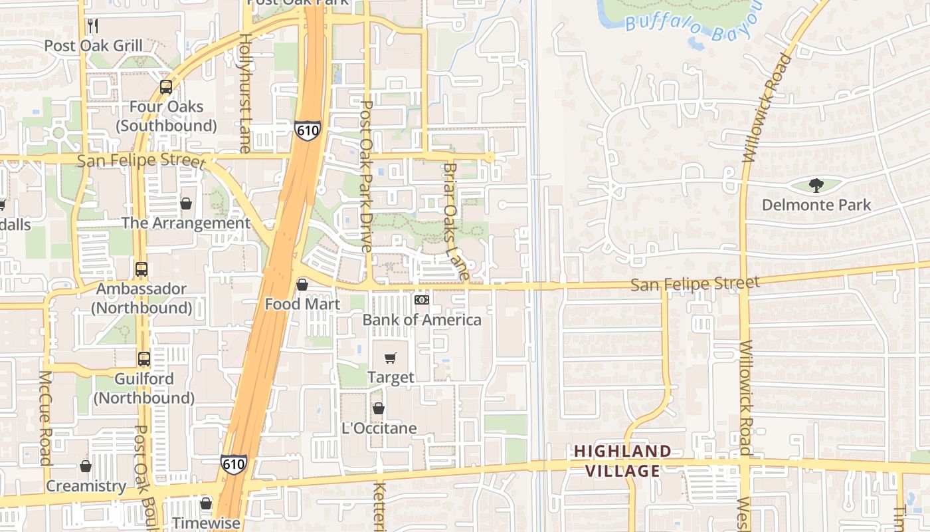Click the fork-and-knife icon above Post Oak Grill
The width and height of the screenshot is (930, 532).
point(93,26)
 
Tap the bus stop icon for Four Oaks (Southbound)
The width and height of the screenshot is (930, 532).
point(166,87)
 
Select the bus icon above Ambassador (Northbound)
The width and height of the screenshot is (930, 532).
point(141,269)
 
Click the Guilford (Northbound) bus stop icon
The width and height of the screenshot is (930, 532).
point(144,359)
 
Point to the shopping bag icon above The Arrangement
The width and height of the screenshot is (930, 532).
point(186,203)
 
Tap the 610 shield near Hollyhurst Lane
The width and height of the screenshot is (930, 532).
point(308,130)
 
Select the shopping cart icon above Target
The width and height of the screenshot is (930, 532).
point(391,358)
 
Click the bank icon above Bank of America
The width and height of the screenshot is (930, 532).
point(422,300)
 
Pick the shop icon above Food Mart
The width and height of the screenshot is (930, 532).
point(302,285)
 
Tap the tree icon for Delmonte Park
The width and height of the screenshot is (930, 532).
point(816,186)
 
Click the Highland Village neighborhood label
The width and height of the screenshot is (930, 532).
point(622,461)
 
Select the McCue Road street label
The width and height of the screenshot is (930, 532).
point(45,418)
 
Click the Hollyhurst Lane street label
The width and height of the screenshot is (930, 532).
point(245,93)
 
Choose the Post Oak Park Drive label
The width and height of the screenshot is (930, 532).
point(366,176)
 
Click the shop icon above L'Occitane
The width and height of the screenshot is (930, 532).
point(379,408)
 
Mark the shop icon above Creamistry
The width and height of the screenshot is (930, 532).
point(86,467)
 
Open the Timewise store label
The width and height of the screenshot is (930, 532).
point(206,523)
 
